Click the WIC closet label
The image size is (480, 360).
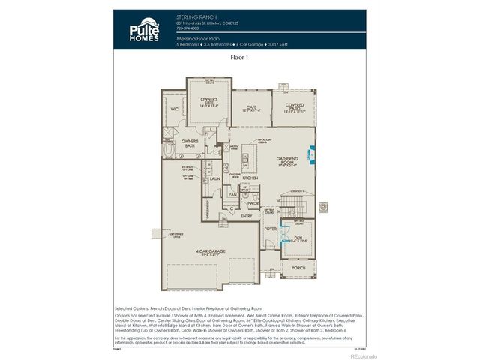(174, 109)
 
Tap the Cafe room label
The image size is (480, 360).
(252, 108)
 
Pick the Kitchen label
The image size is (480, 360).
(250, 178)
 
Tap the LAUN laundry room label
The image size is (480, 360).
(214, 178)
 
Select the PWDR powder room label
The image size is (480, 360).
(253, 203)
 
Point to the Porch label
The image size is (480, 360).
(298, 267)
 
